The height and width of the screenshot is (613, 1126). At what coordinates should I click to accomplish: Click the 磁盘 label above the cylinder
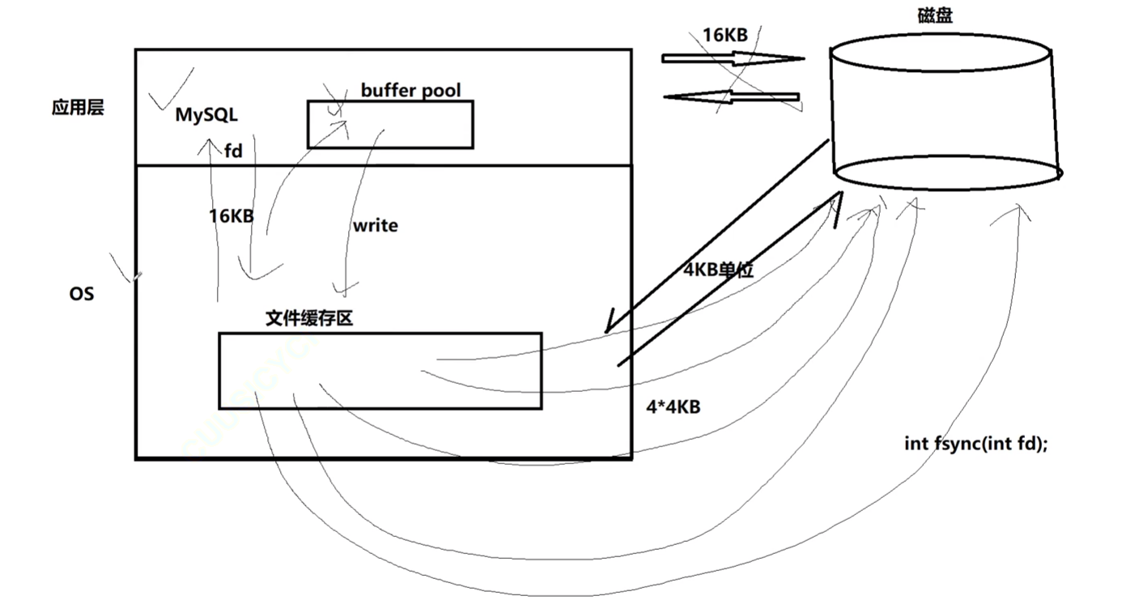[935, 15]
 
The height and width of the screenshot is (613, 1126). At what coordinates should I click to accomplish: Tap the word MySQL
[206, 116]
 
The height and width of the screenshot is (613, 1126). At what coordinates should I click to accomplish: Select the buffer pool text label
[411, 90]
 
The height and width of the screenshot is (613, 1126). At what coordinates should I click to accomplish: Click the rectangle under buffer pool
[390, 125]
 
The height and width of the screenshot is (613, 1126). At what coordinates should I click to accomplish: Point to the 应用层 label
[78, 109]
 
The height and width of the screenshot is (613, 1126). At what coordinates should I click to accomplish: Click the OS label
[81, 294]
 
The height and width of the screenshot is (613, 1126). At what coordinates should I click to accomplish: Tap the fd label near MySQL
[233, 151]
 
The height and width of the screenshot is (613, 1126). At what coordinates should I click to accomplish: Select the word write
[375, 225]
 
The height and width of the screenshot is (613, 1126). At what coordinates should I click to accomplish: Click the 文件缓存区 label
[309, 319]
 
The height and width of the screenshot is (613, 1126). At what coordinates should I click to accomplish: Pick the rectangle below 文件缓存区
[380, 371]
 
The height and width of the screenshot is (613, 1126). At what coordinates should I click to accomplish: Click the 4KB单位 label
[719, 270]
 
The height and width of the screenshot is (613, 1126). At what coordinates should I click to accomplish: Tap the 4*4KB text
[673, 407]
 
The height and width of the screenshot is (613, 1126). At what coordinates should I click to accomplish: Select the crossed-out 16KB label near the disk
[724, 34]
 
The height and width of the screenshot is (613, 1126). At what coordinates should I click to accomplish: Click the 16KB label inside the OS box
[232, 216]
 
